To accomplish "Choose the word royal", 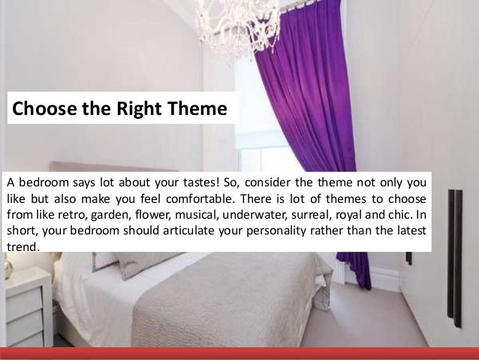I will click(x=355, y=216).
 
